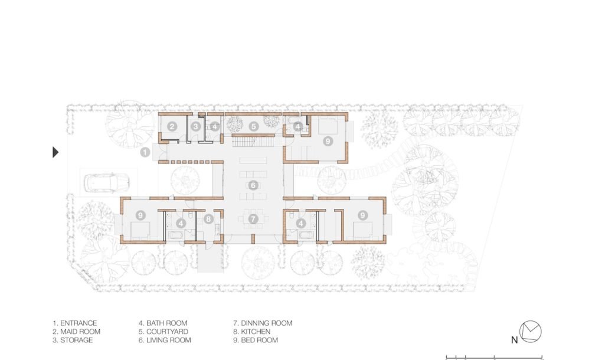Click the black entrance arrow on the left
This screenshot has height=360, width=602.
55,152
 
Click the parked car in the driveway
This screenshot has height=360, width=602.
107,183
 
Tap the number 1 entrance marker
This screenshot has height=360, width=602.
145,152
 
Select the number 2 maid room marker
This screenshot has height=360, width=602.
172,126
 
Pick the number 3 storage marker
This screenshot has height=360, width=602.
196,126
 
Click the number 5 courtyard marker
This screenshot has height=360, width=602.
253,126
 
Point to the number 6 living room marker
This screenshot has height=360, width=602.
253,185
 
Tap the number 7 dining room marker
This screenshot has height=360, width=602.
253,219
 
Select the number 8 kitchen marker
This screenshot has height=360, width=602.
208,219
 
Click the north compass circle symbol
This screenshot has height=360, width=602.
531,331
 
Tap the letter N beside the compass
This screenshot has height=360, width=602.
515,340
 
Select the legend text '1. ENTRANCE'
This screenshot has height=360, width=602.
75,323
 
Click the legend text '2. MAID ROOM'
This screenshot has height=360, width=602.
76,332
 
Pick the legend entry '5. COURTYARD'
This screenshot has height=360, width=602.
163,332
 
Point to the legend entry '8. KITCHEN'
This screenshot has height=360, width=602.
252,332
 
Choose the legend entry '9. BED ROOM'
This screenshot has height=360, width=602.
256,340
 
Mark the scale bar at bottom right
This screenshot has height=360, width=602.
494,358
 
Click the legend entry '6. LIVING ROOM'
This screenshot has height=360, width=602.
165,340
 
